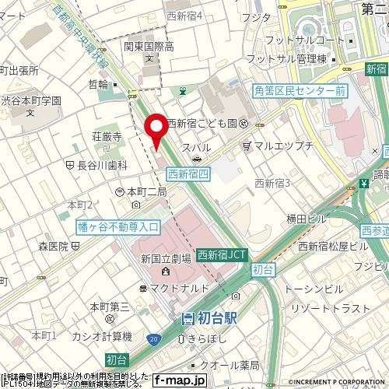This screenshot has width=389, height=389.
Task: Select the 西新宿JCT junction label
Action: point(222,254)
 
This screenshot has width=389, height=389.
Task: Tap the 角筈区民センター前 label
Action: point(300,91)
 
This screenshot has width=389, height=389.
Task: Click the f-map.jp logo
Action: point(179,380)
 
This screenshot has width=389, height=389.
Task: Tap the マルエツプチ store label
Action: point(282,145)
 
